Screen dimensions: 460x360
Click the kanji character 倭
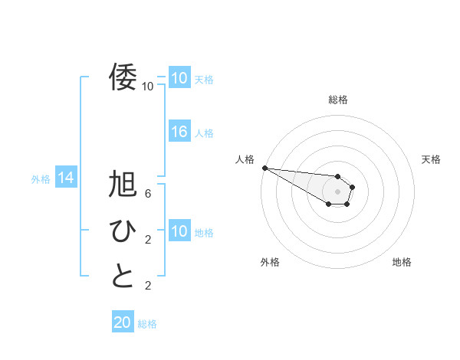(123, 77)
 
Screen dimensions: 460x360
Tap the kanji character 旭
(123, 186)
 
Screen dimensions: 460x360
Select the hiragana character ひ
(123, 231)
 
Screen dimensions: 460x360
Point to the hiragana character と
(123, 276)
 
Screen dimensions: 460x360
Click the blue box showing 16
(179, 132)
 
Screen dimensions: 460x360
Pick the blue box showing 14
(65, 178)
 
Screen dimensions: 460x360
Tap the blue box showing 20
(123, 322)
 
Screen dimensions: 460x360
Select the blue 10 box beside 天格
(179, 78)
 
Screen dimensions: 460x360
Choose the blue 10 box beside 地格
(179, 231)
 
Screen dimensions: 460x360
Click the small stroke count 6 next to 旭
(148, 193)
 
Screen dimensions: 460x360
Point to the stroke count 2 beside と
(148, 286)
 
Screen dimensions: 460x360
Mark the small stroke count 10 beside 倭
(147, 86)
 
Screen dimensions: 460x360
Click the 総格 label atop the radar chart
(337, 100)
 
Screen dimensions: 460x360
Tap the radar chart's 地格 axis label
(402, 262)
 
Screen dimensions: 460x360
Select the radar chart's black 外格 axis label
(270, 262)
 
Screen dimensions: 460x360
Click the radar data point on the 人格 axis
(264, 168)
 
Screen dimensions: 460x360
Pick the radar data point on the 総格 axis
(337, 177)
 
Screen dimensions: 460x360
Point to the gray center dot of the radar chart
(337, 191)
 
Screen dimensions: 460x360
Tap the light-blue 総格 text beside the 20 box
(147, 324)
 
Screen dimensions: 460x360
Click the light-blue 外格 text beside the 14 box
(41, 179)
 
